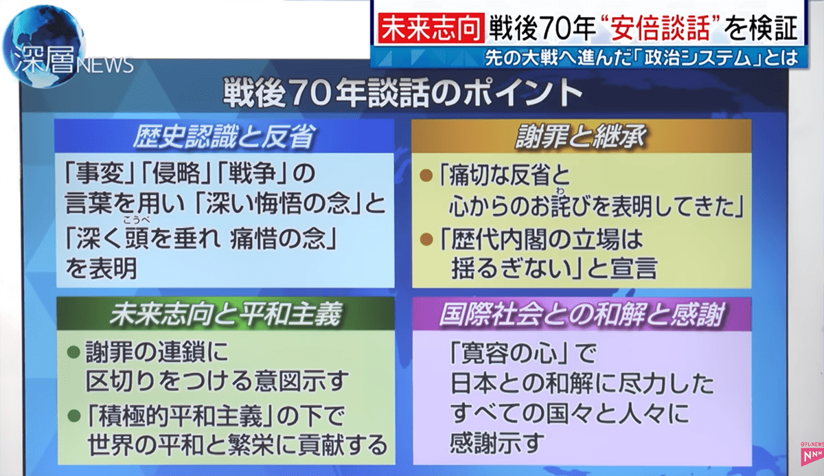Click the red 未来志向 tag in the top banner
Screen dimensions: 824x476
(431, 27)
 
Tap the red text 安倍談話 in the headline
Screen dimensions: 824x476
(661, 28)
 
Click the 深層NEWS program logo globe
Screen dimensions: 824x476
(44, 46)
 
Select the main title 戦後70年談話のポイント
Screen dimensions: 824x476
(403, 94)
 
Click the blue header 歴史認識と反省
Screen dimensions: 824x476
(224, 137)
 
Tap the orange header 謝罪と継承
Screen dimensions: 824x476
(581, 137)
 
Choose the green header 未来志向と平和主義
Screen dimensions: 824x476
(225, 315)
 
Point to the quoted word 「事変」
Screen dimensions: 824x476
(100, 174)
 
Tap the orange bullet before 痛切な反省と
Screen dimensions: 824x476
(426, 175)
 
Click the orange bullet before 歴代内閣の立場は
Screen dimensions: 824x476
(426, 240)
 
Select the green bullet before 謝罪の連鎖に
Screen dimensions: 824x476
(73, 352)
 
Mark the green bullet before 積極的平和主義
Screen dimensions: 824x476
(73, 416)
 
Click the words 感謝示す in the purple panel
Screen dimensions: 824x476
(497, 442)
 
